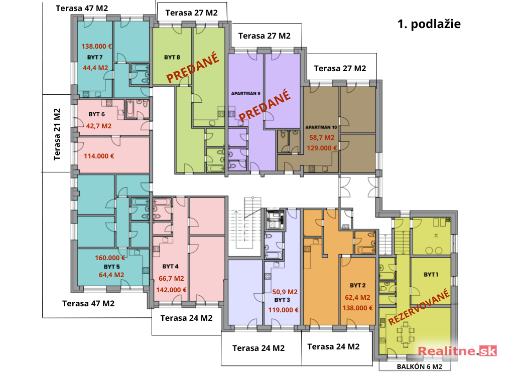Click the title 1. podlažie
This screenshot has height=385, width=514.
coord(429,24)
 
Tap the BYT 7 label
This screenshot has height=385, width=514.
coord(95,57)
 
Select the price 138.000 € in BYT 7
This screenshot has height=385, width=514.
coord(97,47)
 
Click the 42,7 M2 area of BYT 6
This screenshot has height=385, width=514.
coord(99,126)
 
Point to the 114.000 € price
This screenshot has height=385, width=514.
coord(99,156)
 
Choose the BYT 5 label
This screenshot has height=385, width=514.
coord(112,267)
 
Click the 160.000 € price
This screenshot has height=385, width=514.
coord(110,258)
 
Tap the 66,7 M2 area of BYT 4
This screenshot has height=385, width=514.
coord(172,279)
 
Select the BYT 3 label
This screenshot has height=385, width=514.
coord(282,300)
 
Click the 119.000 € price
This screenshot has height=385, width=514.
coord(284,310)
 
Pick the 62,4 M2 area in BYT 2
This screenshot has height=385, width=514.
coord(357,298)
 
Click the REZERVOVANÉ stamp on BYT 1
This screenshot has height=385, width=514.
coord(419,307)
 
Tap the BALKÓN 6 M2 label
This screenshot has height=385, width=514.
coord(420,366)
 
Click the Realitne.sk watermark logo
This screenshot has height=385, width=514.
coord(457,351)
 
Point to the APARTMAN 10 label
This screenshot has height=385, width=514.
coord(321,127)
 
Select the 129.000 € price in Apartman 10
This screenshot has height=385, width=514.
coord(322,148)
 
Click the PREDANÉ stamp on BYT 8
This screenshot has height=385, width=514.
coord(193,68)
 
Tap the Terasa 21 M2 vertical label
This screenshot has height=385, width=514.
coord(57,134)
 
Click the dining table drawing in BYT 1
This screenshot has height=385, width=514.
coord(406,334)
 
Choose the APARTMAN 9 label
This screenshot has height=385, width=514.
coord(246,93)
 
